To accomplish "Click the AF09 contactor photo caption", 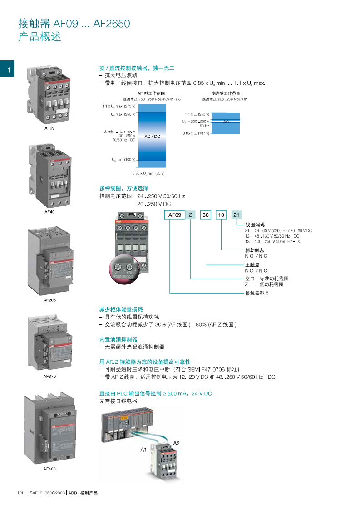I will click(x=49, y=128).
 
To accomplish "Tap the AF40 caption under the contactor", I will click(x=49, y=212).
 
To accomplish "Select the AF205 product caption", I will click(x=49, y=300).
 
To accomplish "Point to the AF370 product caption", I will click(x=49, y=376).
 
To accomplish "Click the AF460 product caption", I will click(x=49, y=469).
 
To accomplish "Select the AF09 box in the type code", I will click(x=175, y=215).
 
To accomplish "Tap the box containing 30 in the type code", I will click(x=206, y=215).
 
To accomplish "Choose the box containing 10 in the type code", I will click(x=221, y=215).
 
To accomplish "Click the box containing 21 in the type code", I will click(x=237, y=215).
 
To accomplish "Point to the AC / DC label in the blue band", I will click(x=152, y=136).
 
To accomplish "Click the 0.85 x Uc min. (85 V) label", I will click(x=148, y=173).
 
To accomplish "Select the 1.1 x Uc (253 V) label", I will click(x=197, y=114).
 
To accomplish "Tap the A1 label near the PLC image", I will click(x=143, y=450).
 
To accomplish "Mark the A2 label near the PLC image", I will click(x=178, y=442).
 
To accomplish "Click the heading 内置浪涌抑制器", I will click(x=118, y=339).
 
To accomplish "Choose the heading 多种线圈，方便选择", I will click(x=123, y=188).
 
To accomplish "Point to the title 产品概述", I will click(x=39, y=37).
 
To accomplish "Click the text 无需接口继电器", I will click(x=118, y=401).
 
